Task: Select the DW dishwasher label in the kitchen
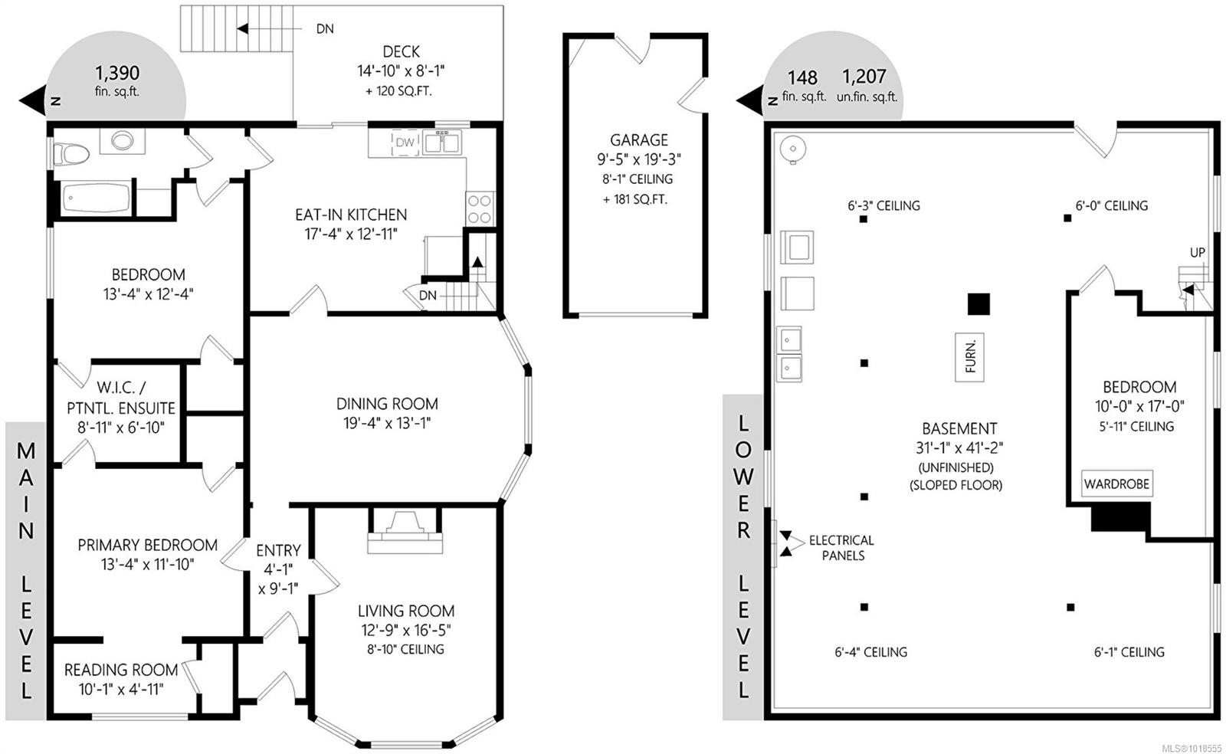tap(405, 143)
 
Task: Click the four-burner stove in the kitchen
tap(480, 208)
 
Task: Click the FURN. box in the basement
tap(970, 357)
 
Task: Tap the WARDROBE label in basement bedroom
tap(1116, 484)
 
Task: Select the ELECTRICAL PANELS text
tap(841, 548)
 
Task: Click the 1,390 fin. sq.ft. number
tap(117, 73)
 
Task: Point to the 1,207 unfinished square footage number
tap(864, 77)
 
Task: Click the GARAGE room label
tap(638, 139)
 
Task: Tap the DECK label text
tap(401, 51)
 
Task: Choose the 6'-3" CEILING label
tap(883, 205)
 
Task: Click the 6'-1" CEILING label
tap(1129, 652)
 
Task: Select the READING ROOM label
tap(121, 670)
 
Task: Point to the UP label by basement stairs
tap(1197, 252)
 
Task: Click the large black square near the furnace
tap(978, 304)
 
